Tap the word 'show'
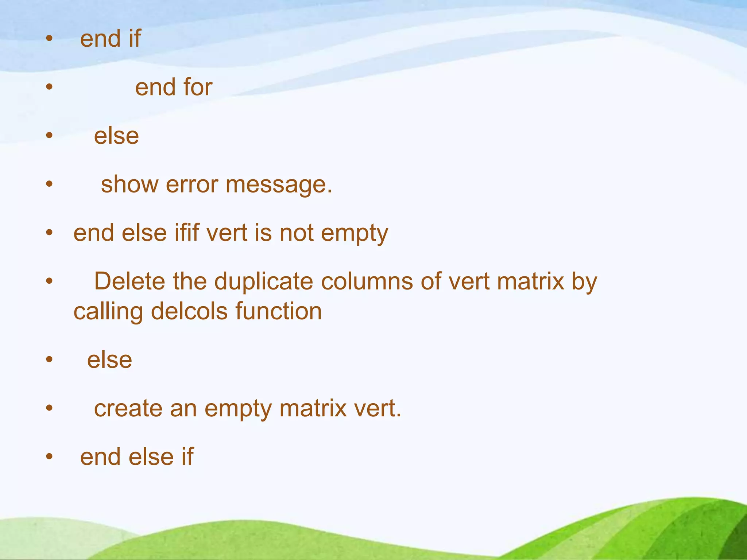129,184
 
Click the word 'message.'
279,185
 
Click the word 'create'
128,408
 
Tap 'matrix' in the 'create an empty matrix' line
313,408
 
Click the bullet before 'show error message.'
50,184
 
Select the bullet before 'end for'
50,87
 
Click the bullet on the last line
50,456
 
